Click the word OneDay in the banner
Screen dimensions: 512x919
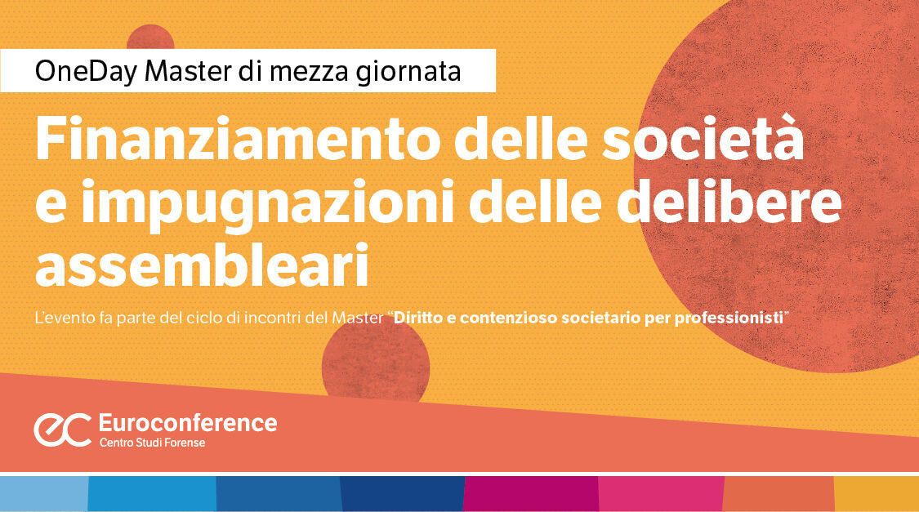pyautogui.click(x=86, y=71)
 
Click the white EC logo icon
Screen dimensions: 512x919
pyautogui.click(x=62, y=430)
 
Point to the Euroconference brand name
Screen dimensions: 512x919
pyautogui.click(x=187, y=423)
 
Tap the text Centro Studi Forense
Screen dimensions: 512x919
pyautogui.click(x=152, y=443)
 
